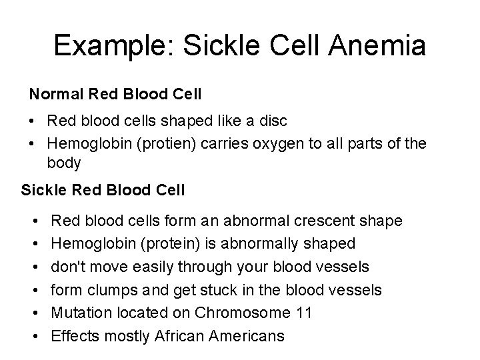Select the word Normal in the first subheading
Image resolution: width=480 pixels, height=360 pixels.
53,95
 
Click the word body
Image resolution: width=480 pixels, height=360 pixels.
64,162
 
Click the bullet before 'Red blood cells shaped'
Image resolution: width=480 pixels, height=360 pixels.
33,121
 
